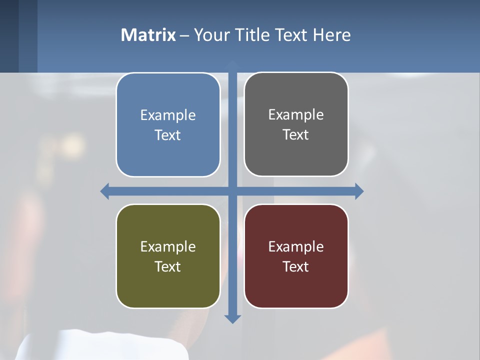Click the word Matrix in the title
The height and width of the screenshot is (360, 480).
(148, 35)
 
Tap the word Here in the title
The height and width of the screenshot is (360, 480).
(331, 35)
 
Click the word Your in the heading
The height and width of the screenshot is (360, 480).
(210, 35)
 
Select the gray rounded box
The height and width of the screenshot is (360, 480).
(296, 155)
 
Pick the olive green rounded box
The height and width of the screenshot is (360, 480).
(168, 285)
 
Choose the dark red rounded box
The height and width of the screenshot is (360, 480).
(296, 285)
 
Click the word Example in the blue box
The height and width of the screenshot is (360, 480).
(168, 115)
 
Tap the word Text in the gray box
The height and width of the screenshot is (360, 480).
(296, 134)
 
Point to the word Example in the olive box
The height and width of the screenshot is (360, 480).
(168, 246)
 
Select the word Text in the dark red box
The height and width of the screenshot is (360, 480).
(296, 266)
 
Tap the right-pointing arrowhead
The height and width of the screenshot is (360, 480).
(359, 191)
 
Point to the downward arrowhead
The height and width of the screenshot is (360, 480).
(232, 318)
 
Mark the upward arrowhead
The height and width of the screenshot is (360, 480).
(232, 64)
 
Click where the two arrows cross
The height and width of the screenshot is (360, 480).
(232, 191)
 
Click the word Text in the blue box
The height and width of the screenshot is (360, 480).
(168, 135)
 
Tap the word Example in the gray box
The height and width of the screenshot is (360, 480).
(296, 115)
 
